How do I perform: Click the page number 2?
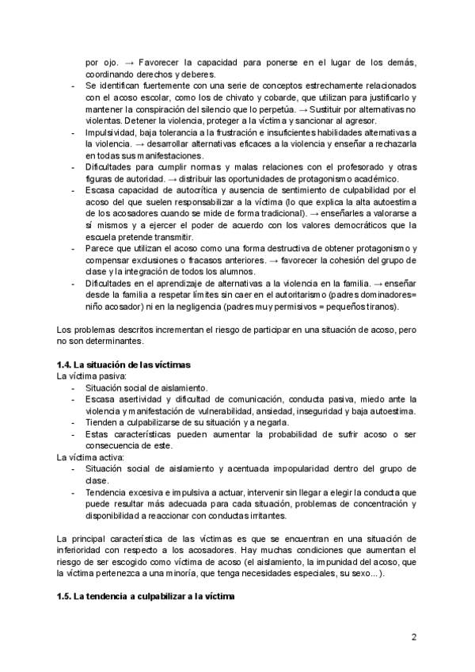coord(415,636)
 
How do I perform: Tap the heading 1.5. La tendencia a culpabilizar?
coord(150,597)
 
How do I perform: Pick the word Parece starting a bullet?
coord(99,248)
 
